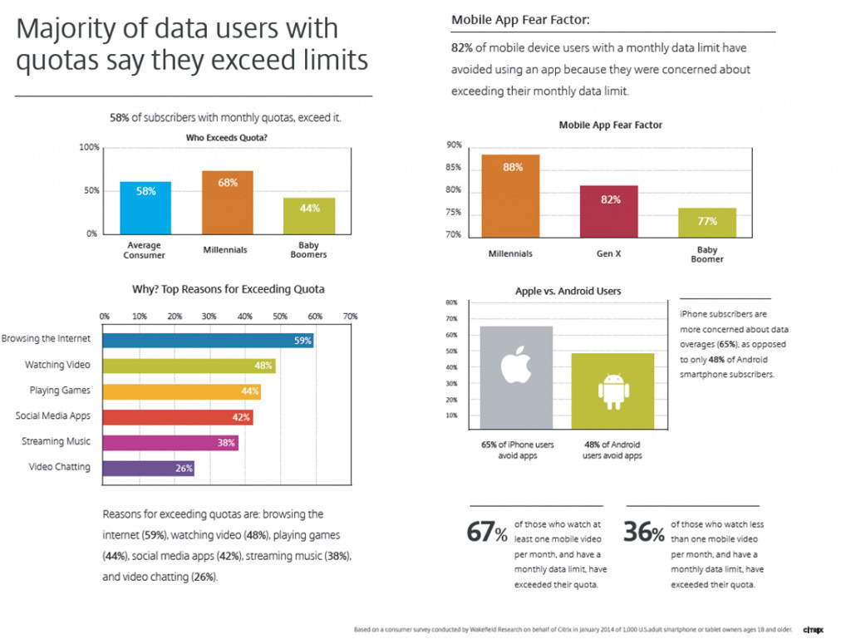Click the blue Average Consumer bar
click(x=145, y=207)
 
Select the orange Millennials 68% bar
click(x=228, y=202)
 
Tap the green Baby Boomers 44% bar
click(x=309, y=216)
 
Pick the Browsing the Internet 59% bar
click(x=208, y=340)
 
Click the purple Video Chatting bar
click(x=148, y=468)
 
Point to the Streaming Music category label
click(x=57, y=441)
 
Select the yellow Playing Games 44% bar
click(x=181, y=391)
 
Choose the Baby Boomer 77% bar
click(x=707, y=222)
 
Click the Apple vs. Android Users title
click(x=568, y=292)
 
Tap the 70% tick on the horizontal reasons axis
click(x=350, y=317)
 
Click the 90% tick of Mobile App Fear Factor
click(x=454, y=145)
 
